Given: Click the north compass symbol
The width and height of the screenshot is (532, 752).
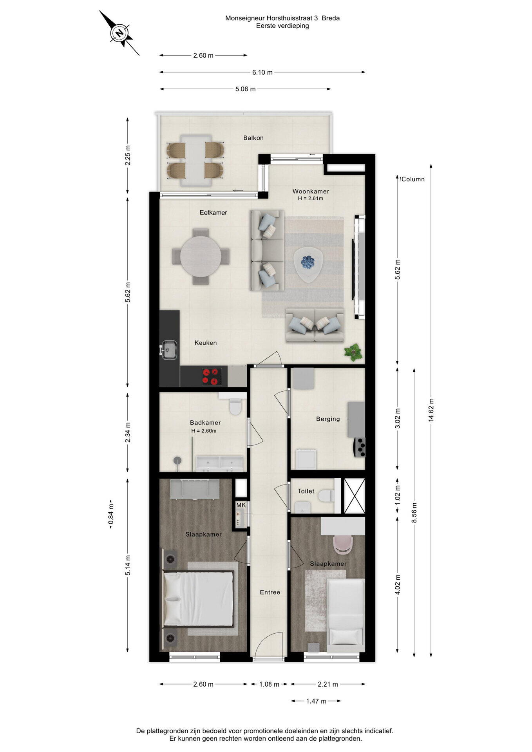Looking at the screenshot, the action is coord(119,33).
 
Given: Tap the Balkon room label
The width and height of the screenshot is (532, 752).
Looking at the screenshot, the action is coord(253,138).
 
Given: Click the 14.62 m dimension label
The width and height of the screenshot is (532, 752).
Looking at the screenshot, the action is coord(431,410).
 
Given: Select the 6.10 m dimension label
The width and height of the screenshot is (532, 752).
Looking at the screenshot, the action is coord(262,72).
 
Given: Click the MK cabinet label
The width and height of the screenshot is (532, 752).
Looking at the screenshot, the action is coord(241,505).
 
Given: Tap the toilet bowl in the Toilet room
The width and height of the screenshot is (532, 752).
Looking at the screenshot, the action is coord(325,496).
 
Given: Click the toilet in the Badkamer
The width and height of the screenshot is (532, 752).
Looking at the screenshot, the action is coord(235,406).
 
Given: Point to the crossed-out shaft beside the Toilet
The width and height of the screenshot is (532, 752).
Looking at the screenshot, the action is coord(354,495).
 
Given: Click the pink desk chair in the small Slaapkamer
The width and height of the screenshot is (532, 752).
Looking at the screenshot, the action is coord(343,545).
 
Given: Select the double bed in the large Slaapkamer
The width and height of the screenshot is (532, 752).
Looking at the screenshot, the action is coord(198,599).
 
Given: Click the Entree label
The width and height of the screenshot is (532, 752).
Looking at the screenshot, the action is coord(270,592).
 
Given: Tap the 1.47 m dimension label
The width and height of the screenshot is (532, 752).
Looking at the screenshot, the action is coord(316,701).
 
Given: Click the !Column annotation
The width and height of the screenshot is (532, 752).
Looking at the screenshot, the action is coord(412,179).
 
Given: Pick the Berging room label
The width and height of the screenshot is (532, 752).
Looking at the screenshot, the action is coord(328,419).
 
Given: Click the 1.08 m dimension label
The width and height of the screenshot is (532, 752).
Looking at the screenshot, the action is coord(269,684).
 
